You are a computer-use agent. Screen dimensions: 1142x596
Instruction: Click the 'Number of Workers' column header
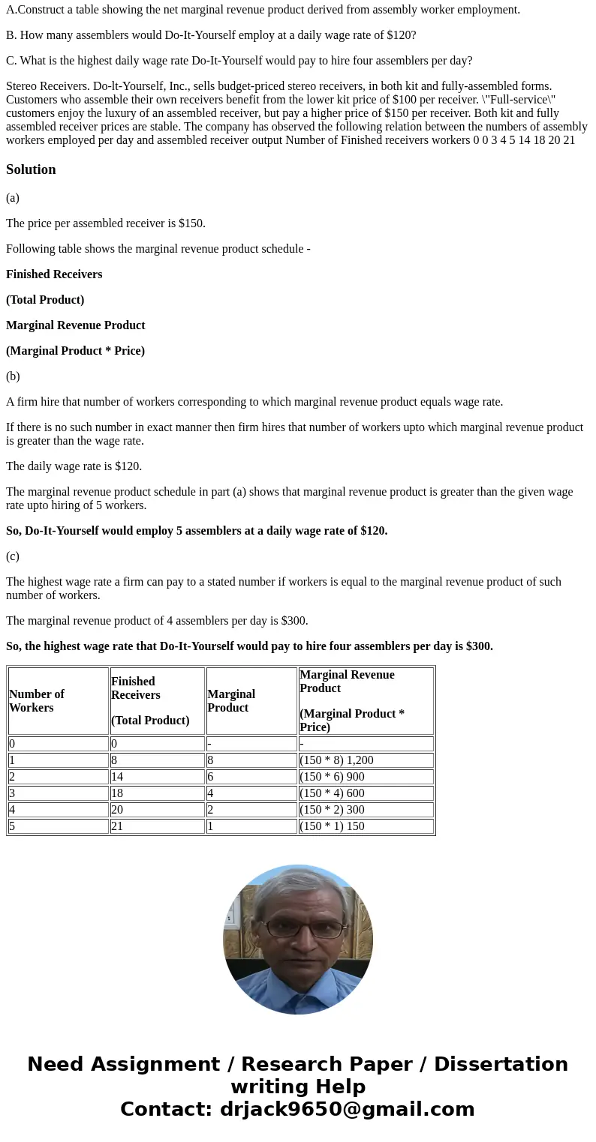(37, 700)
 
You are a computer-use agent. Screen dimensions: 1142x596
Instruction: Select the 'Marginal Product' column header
(231, 700)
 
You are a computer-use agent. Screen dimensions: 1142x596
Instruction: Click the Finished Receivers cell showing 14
(117, 776)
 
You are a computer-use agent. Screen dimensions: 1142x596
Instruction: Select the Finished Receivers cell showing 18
(117, 793)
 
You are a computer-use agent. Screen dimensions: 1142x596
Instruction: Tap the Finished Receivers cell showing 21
(117, 826)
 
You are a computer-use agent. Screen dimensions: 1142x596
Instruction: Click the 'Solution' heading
(31, 169)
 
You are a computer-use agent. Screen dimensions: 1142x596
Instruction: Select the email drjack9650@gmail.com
(347, 1109)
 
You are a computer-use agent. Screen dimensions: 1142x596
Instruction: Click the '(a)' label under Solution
(13, 198)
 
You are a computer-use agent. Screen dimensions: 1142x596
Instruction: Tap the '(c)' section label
(13, 556)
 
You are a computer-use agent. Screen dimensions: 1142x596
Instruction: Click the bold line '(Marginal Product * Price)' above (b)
(75, 351)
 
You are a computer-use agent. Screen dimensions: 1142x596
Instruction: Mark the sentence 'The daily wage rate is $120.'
(74, 466)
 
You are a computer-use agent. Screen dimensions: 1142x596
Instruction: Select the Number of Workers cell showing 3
(12, 793)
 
